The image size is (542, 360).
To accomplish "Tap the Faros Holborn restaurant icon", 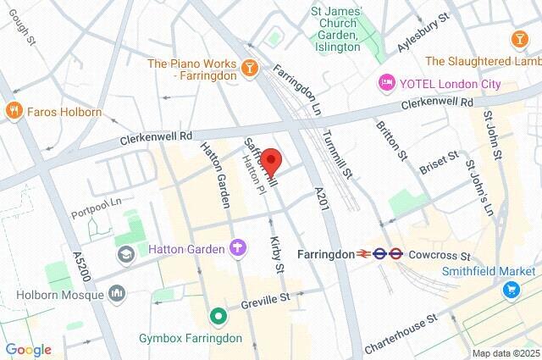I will (13, 111).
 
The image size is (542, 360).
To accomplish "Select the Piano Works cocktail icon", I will (250, 67).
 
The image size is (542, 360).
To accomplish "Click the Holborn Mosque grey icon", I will (117, 293).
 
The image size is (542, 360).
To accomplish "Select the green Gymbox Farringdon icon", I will (218, 317).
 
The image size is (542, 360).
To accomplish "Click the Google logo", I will (28, 349).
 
